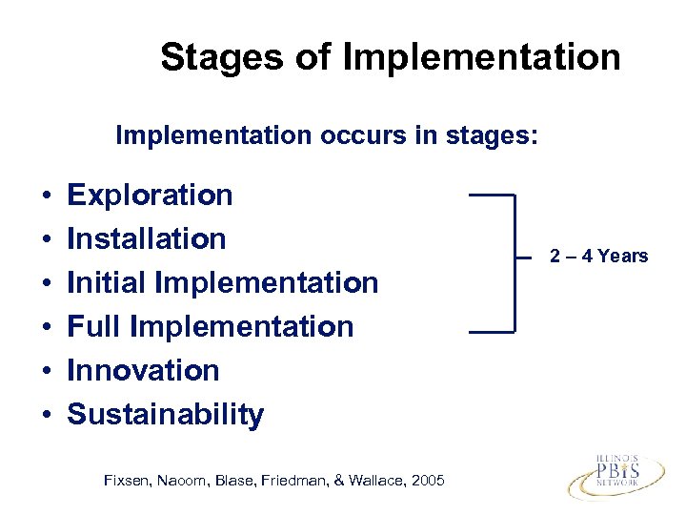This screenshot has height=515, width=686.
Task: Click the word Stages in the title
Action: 220,58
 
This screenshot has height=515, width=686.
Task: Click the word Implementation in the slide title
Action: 481,58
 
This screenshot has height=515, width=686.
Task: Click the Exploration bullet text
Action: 150,196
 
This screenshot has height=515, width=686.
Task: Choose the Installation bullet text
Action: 147,238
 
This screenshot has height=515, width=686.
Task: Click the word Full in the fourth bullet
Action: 93,327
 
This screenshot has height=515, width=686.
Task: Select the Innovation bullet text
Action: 143,371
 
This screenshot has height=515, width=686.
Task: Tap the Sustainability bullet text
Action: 165,415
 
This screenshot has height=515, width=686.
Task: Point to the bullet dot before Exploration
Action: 46,196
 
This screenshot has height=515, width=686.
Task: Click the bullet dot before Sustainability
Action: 46,416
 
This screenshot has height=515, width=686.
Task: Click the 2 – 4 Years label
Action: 598,256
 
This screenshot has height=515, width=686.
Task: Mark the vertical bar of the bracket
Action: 514,263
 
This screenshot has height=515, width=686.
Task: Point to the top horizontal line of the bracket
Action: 492,195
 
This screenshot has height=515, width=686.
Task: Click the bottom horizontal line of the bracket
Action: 492,332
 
